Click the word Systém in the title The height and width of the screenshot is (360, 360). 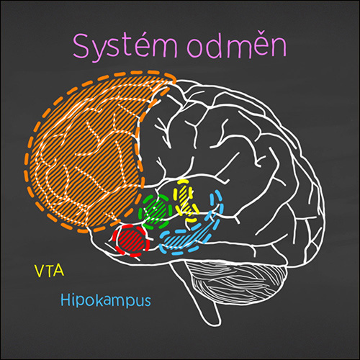(x=125, y=47)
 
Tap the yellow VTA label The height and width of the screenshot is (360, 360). (x=50, y=271)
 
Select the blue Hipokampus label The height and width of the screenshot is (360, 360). (x=106, y=300)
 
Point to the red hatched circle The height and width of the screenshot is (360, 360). (x=131, y=240)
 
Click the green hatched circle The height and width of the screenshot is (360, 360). (x=156, y=211)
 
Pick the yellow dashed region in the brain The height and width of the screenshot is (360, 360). (x=186, y=200)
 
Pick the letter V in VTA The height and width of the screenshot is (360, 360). (x=40, y=271)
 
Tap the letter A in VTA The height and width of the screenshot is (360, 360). (x=59, y=271)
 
